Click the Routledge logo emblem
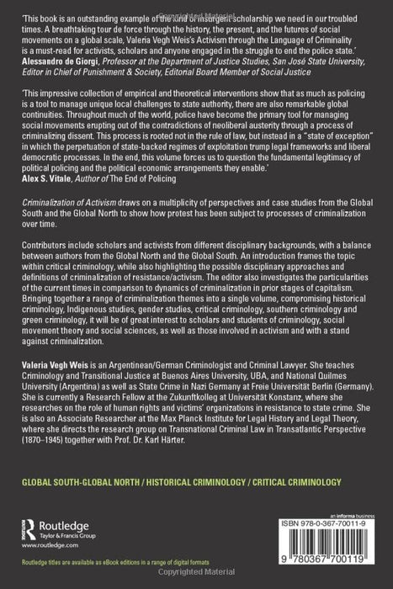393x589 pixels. [x=31, y=529]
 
